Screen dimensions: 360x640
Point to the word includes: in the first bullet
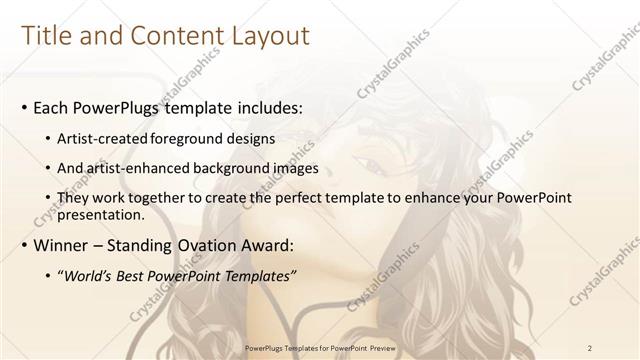coord(257,105)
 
